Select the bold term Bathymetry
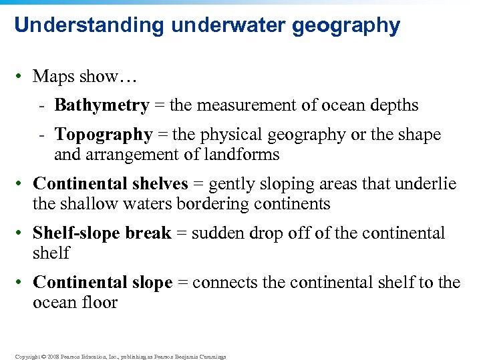[102, 105]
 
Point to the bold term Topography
[104, 135]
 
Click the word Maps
[53, 77]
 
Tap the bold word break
[150, 233]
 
